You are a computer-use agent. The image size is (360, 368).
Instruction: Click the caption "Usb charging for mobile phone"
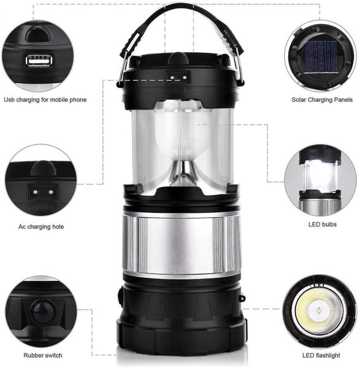pos(45,100)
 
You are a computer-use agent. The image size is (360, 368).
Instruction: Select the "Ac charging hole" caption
pos(40,227)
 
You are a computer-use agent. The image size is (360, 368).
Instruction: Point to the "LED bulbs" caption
pos(322,224)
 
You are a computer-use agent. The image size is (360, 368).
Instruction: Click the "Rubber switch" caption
pos(42,355)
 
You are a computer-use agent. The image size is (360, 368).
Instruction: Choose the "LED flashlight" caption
pos(321,355)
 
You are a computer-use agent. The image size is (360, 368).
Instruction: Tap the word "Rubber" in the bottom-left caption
pos(34,355)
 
